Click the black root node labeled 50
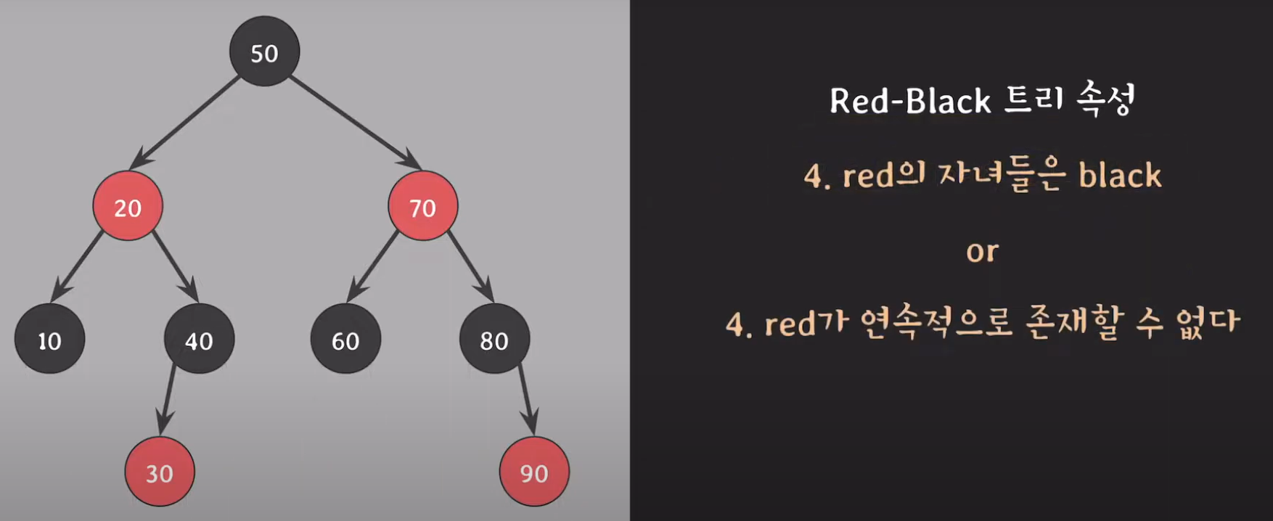(x=264, y=52)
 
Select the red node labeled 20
(x=128, y=207)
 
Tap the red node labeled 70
(x=422, y=207)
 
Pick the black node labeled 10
(x=49, y=340)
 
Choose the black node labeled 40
(x=199, y=340)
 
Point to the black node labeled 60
(x=345, y=340)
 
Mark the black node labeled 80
(x=494, y=340)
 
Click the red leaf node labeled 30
(x=160, y=472)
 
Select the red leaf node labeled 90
(x=534, y=472)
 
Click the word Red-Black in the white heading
(x=910, y=102)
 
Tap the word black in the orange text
(x=1120, y=176)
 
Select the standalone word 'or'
(x=982, y=251)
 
